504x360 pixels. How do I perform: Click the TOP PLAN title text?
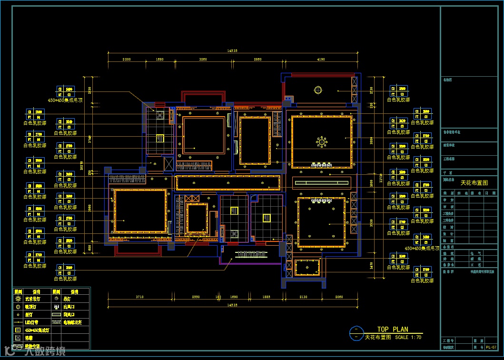coord(392,329)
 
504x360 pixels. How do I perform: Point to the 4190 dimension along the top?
coord(320,60)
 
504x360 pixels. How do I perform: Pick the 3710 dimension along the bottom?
coord(139,297)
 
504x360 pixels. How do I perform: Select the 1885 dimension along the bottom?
coord(266,297)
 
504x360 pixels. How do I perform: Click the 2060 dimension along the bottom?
coord(338,297)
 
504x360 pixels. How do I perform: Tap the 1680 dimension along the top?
coord(159,60)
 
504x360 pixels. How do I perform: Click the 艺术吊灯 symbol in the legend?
coord(18,299)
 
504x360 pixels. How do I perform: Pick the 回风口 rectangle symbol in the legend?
coord(57,314)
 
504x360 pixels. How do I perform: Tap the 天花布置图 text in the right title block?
coord(474,183)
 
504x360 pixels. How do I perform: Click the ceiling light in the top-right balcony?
coord(317,89)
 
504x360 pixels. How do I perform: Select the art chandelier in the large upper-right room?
coord(322,141)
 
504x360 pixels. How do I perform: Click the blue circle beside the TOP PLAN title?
coord(356,333)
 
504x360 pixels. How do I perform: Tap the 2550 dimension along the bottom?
coord(196,297)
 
